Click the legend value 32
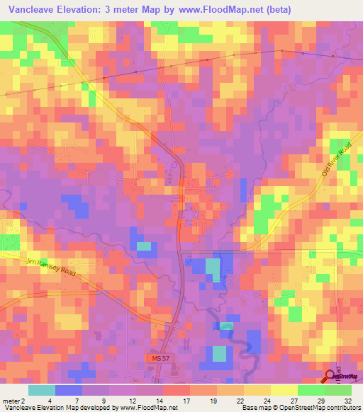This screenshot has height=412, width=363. pyautogui.click(x=347, y=400)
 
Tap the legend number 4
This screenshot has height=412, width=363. pyautogui.click(x=50, y=400)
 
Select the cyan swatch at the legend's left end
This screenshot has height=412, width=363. pyautogui.click(x=41, y=390)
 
